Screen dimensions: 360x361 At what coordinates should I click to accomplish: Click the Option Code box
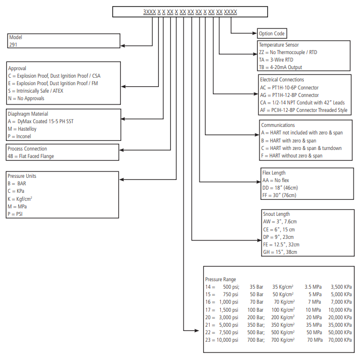272,33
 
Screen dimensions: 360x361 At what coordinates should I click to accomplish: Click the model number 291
13,44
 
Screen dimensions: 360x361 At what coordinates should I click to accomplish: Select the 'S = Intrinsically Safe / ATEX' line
36,91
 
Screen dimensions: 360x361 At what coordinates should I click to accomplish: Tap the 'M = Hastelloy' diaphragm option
22,129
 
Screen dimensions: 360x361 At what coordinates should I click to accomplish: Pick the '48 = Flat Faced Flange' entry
31,156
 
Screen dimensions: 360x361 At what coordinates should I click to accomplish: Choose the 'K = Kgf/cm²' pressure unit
20,199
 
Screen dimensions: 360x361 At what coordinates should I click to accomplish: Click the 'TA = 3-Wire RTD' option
276,60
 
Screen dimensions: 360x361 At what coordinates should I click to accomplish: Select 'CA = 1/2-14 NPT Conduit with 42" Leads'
302,103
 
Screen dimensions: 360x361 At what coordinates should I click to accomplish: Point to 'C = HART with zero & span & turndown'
301,148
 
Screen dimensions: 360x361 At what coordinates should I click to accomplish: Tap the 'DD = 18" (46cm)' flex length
280,188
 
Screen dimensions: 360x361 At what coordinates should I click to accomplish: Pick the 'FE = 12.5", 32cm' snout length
281,244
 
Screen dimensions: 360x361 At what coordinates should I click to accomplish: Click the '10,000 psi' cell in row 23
227,340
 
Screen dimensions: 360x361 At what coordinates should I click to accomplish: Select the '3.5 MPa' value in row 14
313,287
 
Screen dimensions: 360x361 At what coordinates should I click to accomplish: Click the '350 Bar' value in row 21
255,325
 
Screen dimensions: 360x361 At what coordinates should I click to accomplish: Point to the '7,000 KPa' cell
341,302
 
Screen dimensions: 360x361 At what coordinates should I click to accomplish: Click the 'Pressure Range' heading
220,280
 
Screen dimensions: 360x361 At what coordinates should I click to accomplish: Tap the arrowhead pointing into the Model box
122,46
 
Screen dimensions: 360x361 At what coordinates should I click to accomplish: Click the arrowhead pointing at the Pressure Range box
197,330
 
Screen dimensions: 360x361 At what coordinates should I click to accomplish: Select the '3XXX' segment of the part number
150,12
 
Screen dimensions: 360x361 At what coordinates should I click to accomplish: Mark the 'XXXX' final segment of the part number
231,12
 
